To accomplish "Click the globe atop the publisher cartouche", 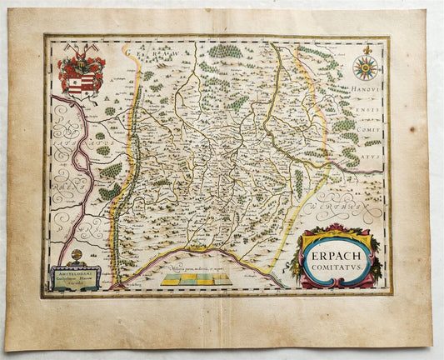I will [x=77, y=254].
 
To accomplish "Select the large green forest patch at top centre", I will [x=225, y=52].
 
